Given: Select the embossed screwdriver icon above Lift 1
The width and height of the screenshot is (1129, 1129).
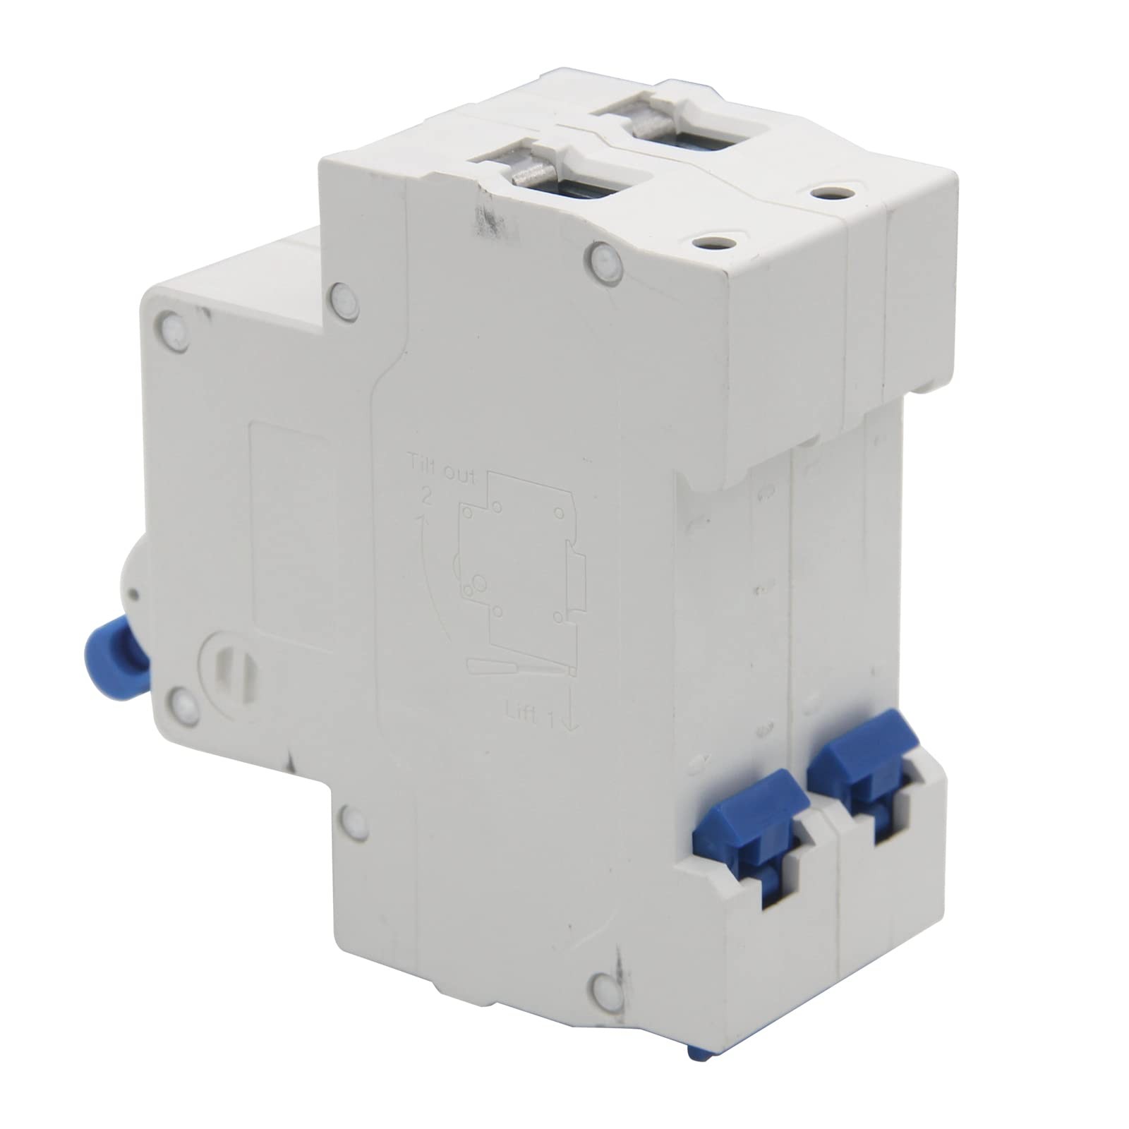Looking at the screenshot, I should click(519, 670).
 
